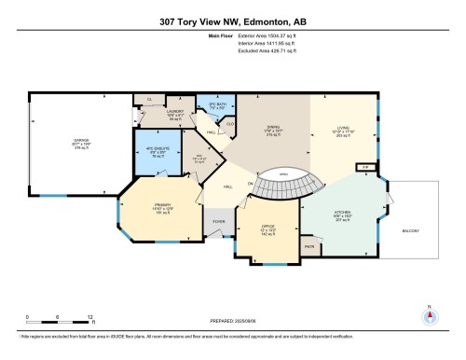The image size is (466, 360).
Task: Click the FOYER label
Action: [219, 221]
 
